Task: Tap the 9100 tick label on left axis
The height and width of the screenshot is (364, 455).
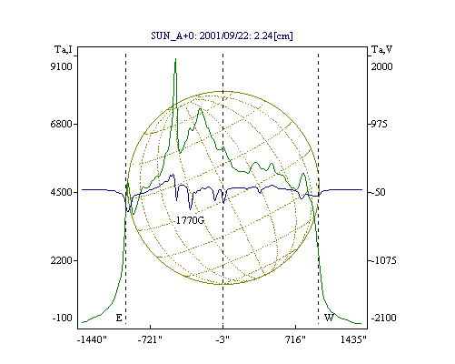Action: click(62, 66)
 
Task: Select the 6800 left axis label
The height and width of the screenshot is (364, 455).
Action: click(62, 124)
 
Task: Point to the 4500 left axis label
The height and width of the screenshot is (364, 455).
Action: click(62, 192)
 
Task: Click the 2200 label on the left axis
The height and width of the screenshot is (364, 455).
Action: click(62, 260)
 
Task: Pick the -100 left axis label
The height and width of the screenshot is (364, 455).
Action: click(63, 318)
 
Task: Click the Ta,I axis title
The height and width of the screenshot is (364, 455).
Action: click(64, 49)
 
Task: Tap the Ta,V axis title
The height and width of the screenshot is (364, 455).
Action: click(381, 49)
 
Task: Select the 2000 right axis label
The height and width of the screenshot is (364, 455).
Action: click(381, 66)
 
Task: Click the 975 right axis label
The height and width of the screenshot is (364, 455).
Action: click(379, 124)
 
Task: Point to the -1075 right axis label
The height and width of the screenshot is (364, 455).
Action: click(383, 260)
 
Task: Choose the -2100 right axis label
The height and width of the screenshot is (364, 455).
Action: click(383, 318)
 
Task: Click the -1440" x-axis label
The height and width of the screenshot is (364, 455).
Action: click(92, 339)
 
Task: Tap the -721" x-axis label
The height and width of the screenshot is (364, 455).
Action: click(150, 339)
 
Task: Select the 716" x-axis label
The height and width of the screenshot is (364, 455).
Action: click(295, 339)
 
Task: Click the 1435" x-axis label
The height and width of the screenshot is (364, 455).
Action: click(353, 339)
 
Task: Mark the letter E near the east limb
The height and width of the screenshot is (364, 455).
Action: click(119, 318)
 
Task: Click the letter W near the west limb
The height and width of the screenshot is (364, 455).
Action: click(329, 318)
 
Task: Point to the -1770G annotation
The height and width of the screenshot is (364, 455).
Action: click(190, 220)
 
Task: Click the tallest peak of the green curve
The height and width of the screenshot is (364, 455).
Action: click(175, 59)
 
